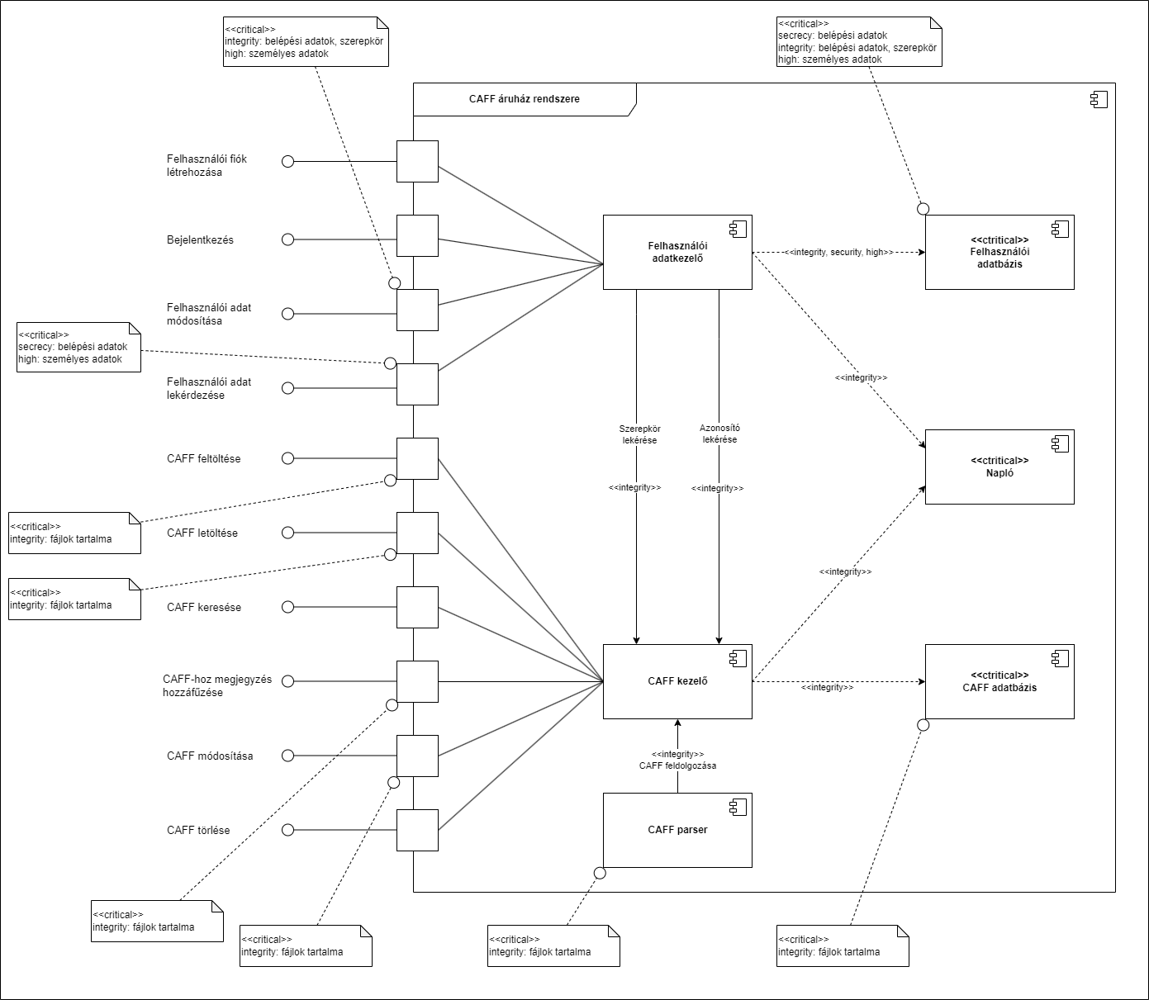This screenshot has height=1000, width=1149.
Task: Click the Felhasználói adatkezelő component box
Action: click(x=677, y=252)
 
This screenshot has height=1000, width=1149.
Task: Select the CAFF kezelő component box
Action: click(x=677, y=681)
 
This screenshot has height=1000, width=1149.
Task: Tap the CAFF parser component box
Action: click(x=677, y=830)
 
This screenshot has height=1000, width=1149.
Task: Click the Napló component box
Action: click(x=999, y=467)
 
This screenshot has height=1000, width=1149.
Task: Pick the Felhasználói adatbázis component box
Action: click(x=999, y=252)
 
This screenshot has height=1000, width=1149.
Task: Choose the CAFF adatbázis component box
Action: click(x=999, y=681)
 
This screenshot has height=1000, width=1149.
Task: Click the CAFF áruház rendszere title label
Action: click(x=524, y=99)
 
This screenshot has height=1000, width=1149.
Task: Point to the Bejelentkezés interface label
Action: click(x=200, y=240)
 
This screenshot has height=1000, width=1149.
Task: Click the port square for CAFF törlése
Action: click(x=417, y=830)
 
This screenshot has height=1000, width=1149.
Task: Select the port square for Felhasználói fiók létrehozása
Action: click(x=417, y=161)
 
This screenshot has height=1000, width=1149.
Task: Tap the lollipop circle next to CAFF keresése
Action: click(x=287, y=607)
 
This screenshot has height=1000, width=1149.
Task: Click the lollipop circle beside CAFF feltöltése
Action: click(x=287, y=458)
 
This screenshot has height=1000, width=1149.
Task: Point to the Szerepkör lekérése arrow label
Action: click(x=639, y=434)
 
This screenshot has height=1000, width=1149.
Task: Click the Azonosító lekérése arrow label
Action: click(x=719, y=434)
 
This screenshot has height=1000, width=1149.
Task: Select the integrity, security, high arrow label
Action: click(x=838, y=252)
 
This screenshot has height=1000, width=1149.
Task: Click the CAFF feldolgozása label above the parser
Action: click(x=677, y=765)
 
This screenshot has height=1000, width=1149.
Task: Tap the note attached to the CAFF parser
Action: click(x=553, y=945)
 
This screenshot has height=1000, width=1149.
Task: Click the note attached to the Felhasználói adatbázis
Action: click(x=859, y=41)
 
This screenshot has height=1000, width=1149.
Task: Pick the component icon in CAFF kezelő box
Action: click(x=737, y=658)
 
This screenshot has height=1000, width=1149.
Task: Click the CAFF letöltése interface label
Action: click(x=202, y=533)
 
